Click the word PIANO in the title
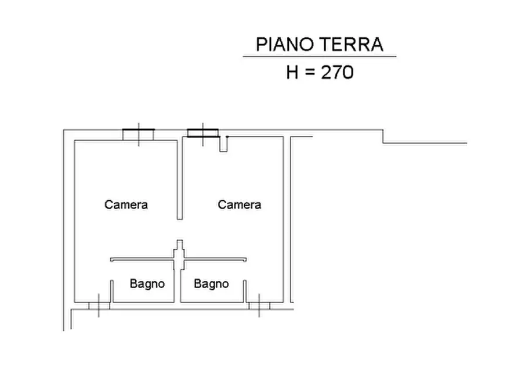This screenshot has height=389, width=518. [285, 44]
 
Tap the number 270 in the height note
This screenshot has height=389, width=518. [337, 72]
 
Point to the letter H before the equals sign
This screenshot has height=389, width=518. [292, 72]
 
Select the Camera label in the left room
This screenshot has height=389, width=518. [126, 204]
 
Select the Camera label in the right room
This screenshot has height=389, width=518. [239, 204]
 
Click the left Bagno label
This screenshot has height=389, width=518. [147, 283]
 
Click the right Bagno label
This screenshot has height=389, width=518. [211, 283]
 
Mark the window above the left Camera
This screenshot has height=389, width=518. [139, 135]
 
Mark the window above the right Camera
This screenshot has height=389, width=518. [203, 134]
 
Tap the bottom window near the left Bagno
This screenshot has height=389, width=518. [99, 305]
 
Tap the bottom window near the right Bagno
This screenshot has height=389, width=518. [259, 305]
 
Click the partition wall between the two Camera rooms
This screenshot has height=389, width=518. [180, 179]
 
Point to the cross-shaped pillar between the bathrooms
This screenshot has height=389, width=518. [179, 255]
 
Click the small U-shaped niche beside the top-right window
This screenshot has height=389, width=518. [224, 144]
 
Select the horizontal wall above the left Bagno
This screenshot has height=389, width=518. [142, 260]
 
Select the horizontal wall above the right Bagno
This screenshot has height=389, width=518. [215, 260]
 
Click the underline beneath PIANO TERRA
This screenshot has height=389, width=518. [320, 56]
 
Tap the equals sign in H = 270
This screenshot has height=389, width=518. [310, 73]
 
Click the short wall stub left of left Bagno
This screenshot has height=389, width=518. [111, 291]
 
